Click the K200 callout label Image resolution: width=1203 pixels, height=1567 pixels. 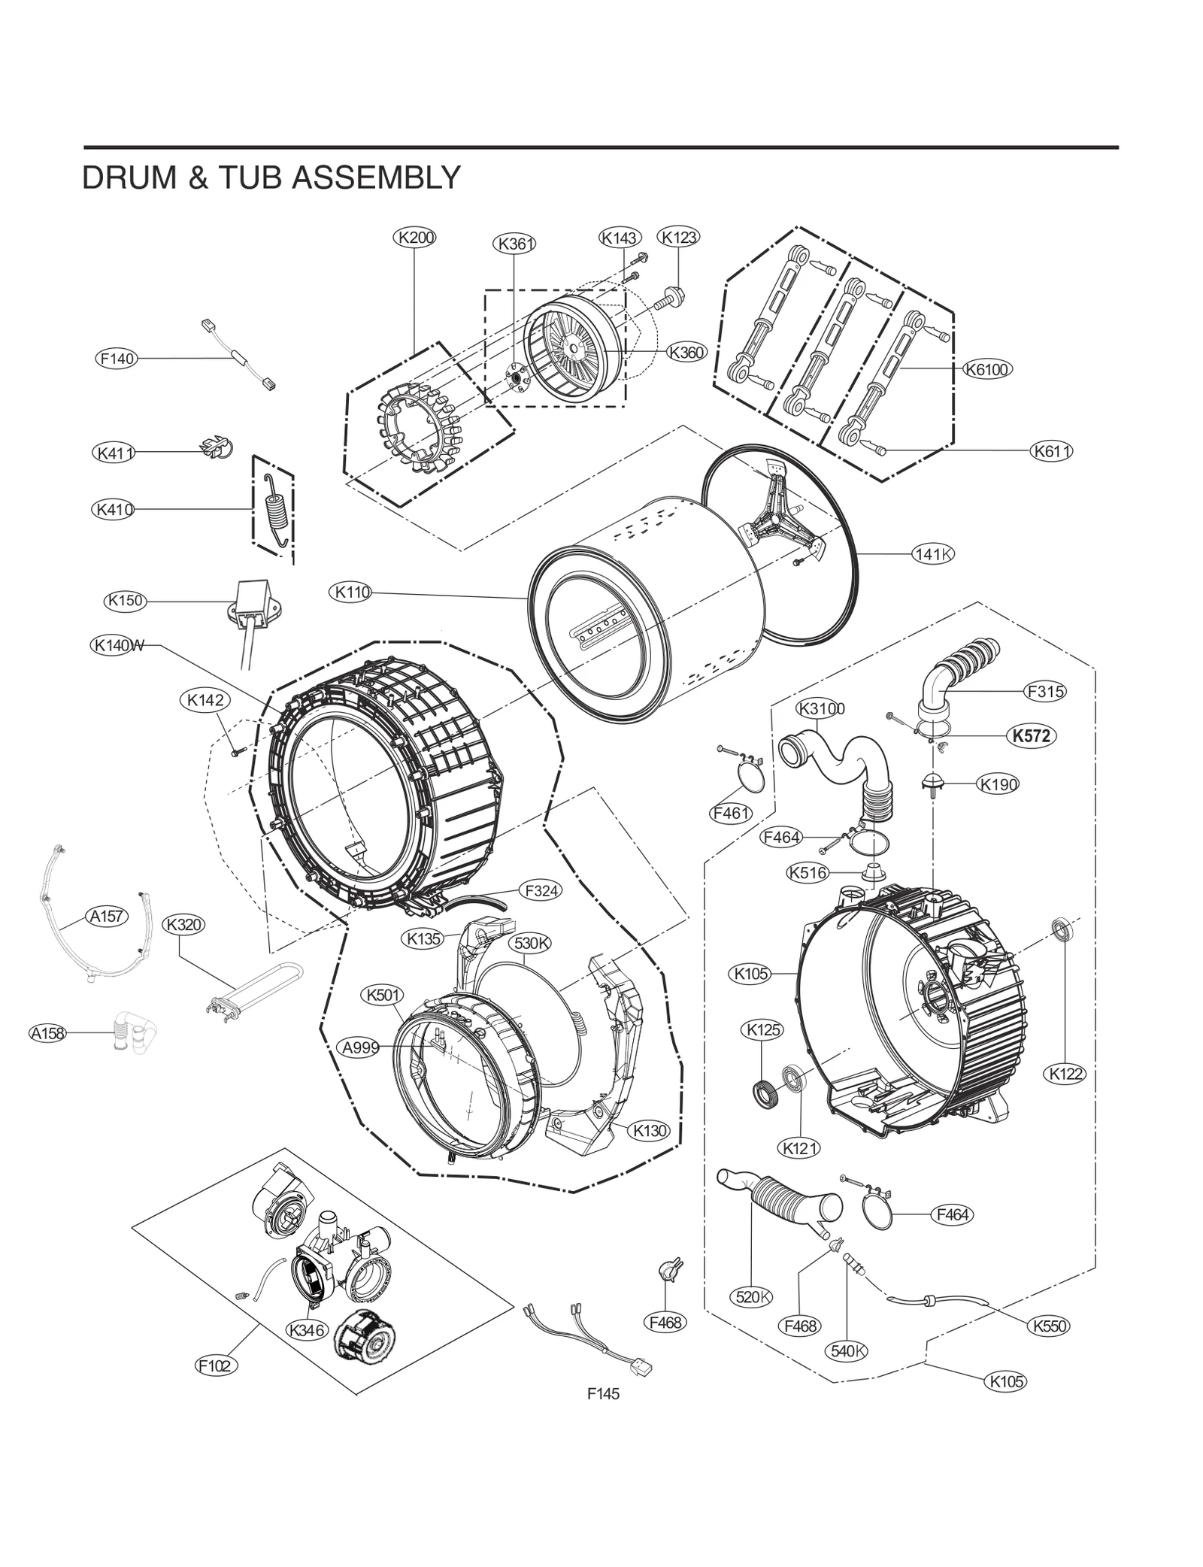coord(414,238)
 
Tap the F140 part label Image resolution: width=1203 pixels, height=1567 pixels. coord(117,359)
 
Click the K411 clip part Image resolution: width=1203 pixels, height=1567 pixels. coord(215,448)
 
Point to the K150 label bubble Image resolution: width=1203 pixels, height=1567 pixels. coord(125,601)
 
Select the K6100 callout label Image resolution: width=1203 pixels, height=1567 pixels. coord(986,369)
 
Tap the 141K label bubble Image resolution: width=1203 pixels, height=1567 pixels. coord(933,554)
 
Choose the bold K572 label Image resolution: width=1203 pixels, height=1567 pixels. coord(1031,736)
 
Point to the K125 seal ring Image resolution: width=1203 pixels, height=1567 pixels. coord(764,1091)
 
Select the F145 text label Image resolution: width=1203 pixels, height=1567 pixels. coord(603,1393)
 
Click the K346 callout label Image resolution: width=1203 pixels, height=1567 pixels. coord(306,1330)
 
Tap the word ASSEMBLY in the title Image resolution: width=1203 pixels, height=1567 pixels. coord(376,178)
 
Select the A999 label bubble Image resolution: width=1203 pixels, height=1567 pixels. coord(360,1047)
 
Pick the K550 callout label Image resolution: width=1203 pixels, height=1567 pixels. coord(1050,1326)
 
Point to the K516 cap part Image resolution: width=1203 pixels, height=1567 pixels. coord(872,874)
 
